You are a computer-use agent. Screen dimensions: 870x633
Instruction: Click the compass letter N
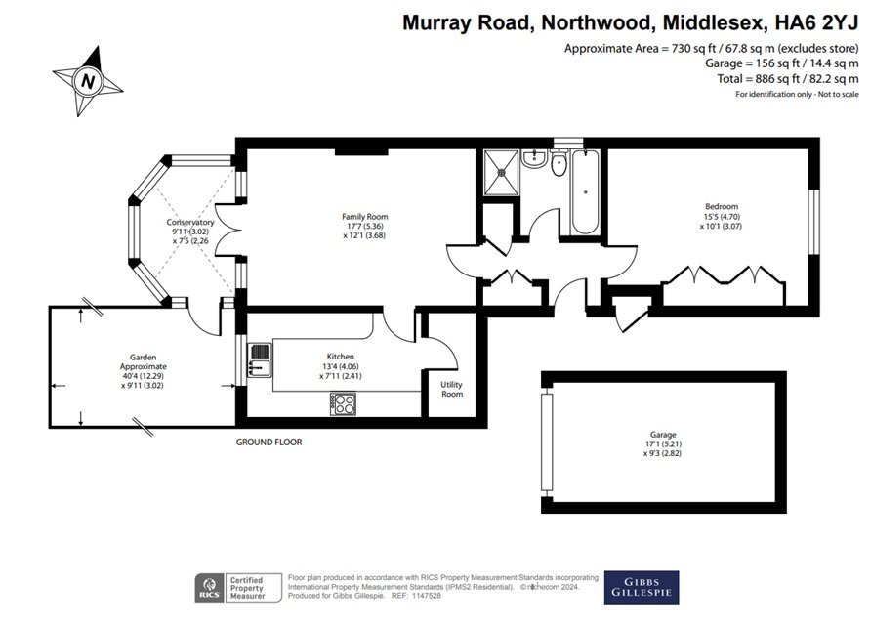[x=88, y=82]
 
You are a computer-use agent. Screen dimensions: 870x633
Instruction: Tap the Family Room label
[x=364, y=217]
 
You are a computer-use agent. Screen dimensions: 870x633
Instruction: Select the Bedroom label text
[x=722, y=206]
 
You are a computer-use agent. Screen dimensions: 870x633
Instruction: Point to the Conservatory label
[x=190, y=222]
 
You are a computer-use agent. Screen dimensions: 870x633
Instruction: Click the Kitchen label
[x=340, y=357]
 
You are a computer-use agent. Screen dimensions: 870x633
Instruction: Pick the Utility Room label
[x=452, y=389]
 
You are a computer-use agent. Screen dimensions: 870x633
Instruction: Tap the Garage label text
[x=663, y=435]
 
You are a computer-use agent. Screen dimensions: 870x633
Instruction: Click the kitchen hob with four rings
[x=344, y=403]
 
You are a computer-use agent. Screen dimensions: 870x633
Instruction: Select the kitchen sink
[x=259, y=359]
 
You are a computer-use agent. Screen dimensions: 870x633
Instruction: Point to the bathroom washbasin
[x=534, y=157]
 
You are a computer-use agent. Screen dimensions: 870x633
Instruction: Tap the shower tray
[x=501, y=172]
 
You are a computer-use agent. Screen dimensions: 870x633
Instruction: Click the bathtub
[x=585, y=192]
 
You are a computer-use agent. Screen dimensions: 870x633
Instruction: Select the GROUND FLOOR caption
[x=269, y=442]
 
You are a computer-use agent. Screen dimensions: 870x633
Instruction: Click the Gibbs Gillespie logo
[x=642, y=587]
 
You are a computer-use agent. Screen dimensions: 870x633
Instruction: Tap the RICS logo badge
[x=209, y=588]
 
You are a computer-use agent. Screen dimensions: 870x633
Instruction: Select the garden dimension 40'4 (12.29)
[x=143, y=376]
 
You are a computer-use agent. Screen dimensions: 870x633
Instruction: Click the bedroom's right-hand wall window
[x=814, y=222]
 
